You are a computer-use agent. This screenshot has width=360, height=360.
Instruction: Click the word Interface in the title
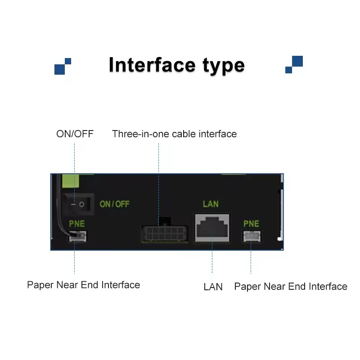(152, 65)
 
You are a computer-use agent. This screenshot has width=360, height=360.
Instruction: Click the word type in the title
(224, 67)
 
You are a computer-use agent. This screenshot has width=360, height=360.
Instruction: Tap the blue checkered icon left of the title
(63, 66)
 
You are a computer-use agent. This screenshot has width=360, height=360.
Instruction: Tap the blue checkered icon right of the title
(294, 64)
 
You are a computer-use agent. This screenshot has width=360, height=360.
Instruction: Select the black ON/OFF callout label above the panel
(75, 134)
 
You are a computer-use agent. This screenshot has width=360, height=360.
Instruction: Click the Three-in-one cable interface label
(174, 134)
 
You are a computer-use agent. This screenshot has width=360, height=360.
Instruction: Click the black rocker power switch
(78, 204)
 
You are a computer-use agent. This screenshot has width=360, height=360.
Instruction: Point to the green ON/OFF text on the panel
(115, 204)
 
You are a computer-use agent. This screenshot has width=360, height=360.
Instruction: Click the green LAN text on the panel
(211, 204)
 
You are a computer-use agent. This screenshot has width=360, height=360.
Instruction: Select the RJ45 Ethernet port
(212, 228)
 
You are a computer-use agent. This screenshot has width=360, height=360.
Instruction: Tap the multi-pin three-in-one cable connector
(165, 233)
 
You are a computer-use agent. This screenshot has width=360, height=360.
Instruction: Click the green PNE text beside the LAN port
(251, 224)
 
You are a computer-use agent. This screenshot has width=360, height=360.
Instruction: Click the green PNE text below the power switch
(77, 224)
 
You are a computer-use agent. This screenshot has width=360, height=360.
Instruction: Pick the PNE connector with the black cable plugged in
(78, 236)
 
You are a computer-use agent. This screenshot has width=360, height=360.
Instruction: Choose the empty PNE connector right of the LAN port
(252, 236)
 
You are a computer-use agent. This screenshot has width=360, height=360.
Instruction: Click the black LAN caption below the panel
(213, 287)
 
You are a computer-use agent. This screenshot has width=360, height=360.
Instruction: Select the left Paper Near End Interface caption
(84, 285)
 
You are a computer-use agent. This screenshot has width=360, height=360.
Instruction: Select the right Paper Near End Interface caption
(291, 286)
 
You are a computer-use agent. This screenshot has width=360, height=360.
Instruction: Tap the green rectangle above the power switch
(71, 181)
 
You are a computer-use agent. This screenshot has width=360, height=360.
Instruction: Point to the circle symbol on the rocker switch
(81, 204)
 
